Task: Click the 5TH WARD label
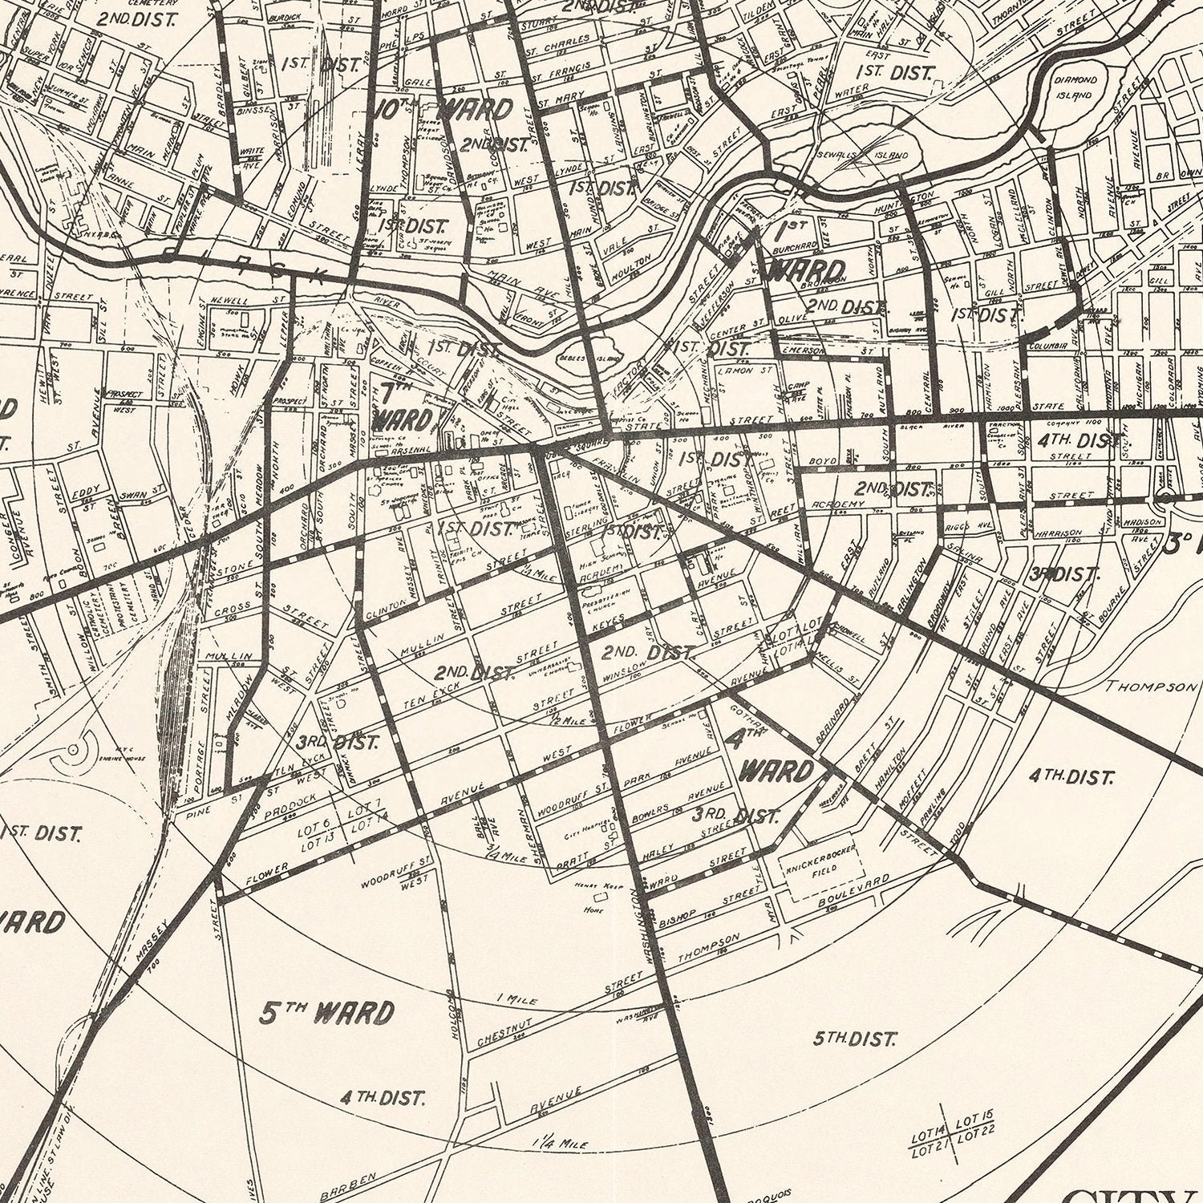327,1013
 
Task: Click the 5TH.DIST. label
853,1040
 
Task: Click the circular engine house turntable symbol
74,749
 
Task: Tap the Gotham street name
750,716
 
